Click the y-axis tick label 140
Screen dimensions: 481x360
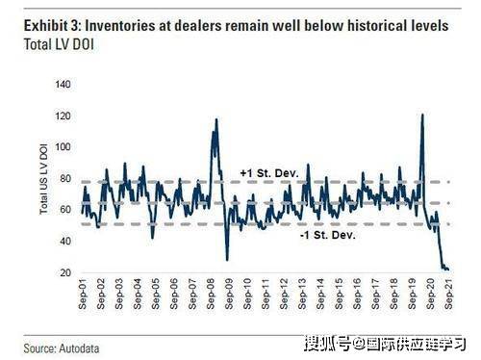point(63,85)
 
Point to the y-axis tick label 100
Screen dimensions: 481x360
point(63,147)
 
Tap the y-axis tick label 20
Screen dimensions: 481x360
point(65,272)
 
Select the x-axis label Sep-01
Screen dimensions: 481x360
point(83,294)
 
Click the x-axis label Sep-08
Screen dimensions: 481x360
point(211,294)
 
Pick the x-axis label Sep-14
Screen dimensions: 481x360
point(320,294)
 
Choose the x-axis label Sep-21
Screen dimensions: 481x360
point(449,294)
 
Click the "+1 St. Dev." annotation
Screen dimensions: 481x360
point(269,173)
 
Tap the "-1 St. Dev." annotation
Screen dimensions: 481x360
point(328,235)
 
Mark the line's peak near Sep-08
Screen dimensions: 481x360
point(216,119)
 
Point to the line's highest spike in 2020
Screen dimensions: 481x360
point(422,115)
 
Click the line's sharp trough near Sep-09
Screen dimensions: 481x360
point(227,260)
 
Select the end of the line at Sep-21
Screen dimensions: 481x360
point(448,270)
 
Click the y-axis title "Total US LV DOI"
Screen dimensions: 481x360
point(43,179)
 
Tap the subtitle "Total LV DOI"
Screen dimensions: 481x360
point(59,44)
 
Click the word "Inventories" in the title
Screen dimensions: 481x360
point(120,26)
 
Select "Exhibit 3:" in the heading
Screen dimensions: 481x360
point(52,26)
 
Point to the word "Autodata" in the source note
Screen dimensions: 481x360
point(79,348)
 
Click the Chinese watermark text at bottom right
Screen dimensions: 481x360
point(385,344)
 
